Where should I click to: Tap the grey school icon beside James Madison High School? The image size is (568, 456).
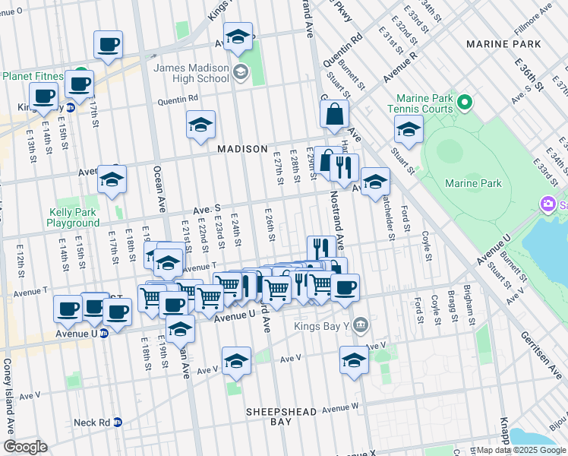(241, 73)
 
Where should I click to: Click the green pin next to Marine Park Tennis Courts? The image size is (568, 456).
(462, 100)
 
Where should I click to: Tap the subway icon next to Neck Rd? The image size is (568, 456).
(118, 423)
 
